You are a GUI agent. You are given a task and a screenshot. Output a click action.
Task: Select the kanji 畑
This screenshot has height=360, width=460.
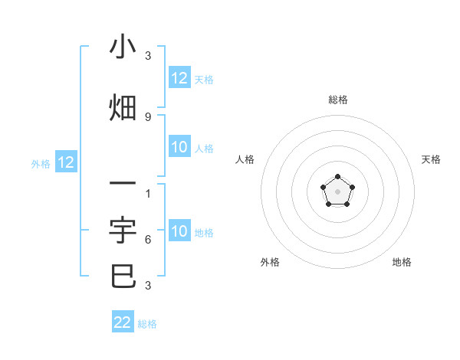(123, 108)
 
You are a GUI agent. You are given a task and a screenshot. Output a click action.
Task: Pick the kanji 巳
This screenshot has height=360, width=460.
(123, 276)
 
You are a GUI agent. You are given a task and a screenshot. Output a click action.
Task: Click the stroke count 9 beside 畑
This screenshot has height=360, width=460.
(148, 116)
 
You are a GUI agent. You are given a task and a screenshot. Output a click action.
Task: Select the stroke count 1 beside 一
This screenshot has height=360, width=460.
(148, 193)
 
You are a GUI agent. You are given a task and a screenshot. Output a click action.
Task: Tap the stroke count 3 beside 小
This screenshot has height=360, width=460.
(148, 56)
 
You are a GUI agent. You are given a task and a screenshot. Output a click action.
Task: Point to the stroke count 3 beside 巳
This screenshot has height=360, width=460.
(148, 286)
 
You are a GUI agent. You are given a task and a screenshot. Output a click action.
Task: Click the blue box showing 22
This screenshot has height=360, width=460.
(123, 322)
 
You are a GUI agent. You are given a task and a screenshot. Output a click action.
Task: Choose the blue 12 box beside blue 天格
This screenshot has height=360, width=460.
(179, 78)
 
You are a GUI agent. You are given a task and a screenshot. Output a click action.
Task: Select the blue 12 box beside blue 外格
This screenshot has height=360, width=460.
(65, 162)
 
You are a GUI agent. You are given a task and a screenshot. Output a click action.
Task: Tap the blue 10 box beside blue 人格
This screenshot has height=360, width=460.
(179, 148)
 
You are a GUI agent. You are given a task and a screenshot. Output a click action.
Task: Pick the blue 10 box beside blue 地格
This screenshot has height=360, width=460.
(179, 232)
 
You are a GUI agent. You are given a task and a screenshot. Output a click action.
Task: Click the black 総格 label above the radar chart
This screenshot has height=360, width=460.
(338, 100)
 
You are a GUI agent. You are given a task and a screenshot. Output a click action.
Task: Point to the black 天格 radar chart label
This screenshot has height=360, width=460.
(432, 159)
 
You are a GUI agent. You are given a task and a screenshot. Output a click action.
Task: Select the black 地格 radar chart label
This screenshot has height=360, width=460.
(402, 262)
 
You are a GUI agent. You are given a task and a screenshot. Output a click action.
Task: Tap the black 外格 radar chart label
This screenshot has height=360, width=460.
(270, 262)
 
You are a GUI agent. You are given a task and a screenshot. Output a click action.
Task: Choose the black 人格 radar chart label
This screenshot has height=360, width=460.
(245, 159)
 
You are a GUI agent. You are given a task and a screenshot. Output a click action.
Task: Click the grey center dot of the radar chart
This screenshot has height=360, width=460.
(337, 191)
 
